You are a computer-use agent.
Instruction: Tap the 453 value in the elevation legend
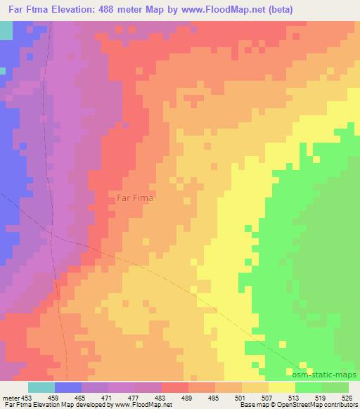pyautogui.click(x=27, y=397)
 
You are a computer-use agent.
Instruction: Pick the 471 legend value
pyautogui.click(x=108, y=397)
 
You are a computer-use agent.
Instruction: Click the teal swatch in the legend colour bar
pyautogui.click(x=41, y=387)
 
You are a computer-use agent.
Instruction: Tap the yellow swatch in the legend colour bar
pyautogui.click(x=282, y=387)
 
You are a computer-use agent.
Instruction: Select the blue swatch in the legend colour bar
pyautogui.click(x=67, y=387)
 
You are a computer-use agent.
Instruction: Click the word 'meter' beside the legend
pyautogui.click(x=10, y=397)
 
